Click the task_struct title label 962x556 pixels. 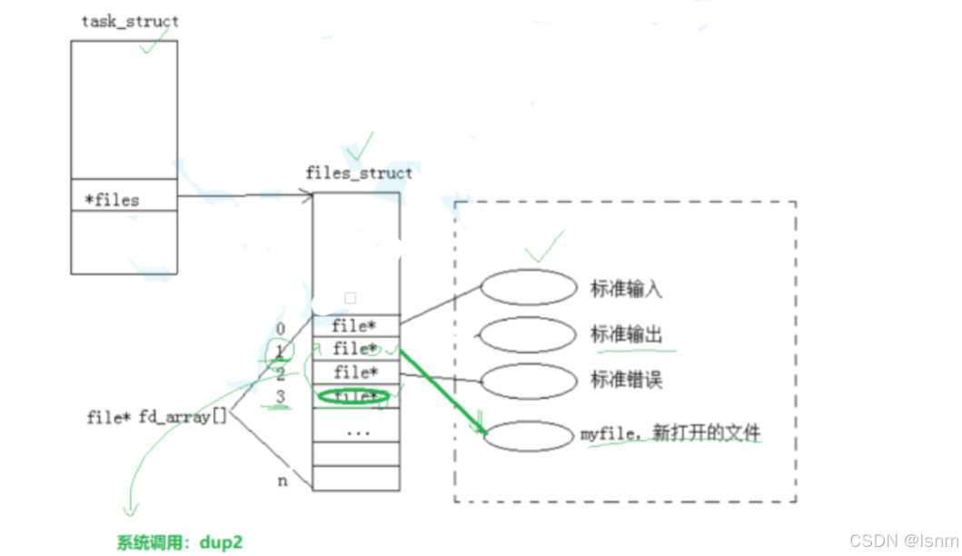(x=130, y=22)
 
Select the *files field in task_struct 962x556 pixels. (x=112, y=199)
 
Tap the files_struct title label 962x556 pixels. (x=359, y=173)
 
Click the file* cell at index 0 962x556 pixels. (x=355, y=325)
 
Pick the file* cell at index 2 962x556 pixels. (x=355, y=372)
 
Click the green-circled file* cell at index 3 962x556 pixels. (x=353, y=396)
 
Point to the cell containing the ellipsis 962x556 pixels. (x=358, y=431)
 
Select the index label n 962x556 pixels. (x=283, y=481)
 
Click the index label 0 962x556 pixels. (x=280, y=328)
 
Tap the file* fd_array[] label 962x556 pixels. (x=156, y=417)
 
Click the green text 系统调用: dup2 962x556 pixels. (x=180, y=542)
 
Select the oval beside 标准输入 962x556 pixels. (x=529, y=288)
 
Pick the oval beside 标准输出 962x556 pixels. (x=528, y=334)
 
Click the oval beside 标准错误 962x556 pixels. (x=529, y=380)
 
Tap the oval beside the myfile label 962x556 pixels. (x=528, y=436)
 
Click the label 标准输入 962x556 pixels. (x=626, y=289)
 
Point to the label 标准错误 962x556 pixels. (x=626, y=380)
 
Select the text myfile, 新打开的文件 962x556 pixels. (x=670, y=433)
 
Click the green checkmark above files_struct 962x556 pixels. (x=360, y=146)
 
